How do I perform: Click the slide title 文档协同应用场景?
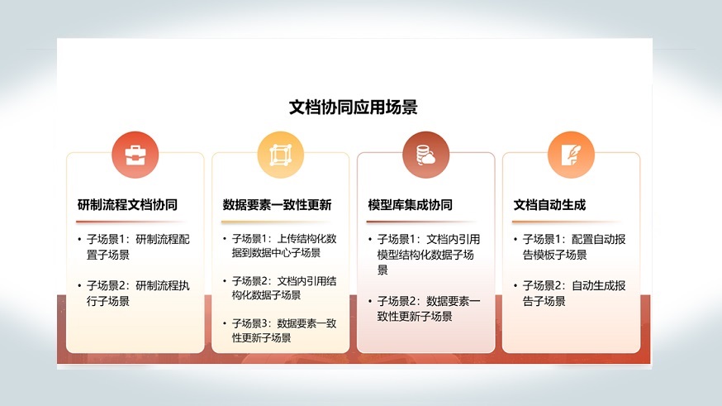coord(354,107)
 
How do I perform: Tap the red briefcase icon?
coord(135,155)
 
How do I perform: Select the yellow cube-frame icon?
coord(280,155)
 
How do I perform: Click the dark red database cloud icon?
coord(426,155)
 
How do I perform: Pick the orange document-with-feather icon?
coord(571,155)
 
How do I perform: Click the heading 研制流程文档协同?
coord(127,204)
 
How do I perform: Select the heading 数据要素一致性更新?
coord(278,204)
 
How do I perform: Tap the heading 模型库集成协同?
coord(411,204)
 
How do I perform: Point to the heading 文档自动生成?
coord(550,204)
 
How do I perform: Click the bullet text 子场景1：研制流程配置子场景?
coord(138,247)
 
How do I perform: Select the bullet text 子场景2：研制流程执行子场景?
coord(138,293)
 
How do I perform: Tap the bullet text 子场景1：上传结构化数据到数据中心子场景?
coord(284,246)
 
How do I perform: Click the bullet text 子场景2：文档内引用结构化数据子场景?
coord(284,288)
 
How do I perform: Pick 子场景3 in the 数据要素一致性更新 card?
coord(284,331)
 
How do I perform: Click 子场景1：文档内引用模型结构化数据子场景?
coord(429,255)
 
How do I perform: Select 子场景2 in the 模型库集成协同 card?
coord(429,308)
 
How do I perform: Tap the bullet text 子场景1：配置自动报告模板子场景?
coord(574,247)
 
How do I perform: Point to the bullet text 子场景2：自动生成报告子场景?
coord(574,293)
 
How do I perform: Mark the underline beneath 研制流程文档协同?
coord(130,222)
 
